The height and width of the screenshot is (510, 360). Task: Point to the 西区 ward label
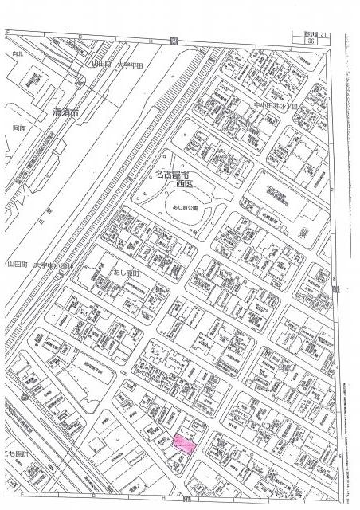click(x=186, y=183)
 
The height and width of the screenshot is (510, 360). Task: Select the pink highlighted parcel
click(x=185, y=442)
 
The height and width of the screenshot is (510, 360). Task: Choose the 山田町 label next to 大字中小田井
click(x=18, y=265)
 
